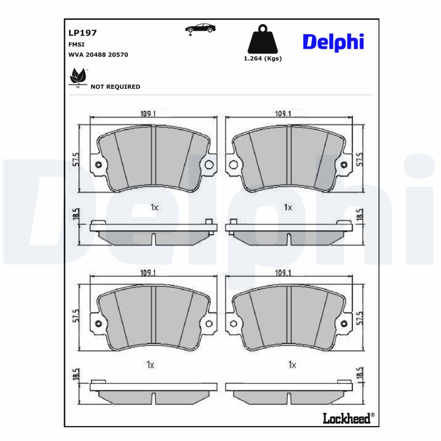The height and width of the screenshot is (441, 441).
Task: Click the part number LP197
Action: [83, 33]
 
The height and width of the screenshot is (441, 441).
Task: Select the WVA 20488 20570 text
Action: [98, 55]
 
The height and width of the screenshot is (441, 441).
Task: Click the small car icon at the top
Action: [200, 29]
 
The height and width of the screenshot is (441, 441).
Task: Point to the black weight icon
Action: [262, 39]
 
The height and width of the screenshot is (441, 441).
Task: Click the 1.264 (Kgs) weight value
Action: [262, 58]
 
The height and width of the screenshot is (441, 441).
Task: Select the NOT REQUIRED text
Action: [115, 87]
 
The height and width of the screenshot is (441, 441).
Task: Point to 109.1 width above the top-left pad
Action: [148, 114]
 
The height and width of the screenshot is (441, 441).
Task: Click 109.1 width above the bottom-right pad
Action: [283, 273]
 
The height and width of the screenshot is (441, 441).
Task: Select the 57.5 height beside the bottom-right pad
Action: [361, 318]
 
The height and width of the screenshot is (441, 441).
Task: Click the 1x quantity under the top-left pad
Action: [154, 207]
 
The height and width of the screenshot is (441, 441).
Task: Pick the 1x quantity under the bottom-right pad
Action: [292, 365]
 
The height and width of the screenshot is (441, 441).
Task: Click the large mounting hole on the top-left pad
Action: [209, 165]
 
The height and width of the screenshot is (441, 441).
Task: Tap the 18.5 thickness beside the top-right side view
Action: [360, 216]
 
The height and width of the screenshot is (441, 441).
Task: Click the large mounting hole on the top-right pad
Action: [234, 165]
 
